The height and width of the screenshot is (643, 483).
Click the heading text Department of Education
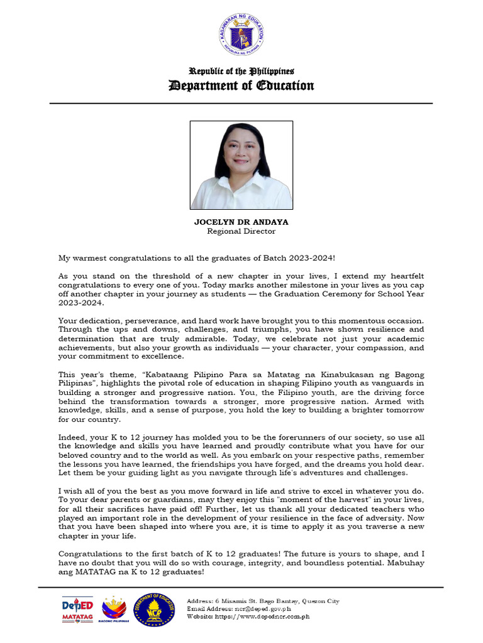pos(241,85)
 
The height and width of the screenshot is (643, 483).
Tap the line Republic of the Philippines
pos(241,72)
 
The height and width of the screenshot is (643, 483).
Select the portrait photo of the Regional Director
pos(241,165)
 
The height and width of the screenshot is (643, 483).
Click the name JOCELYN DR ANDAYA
pos(241,222)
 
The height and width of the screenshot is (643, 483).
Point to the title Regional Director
pos(241,231)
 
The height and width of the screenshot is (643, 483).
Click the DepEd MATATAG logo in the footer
pos(77,610)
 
